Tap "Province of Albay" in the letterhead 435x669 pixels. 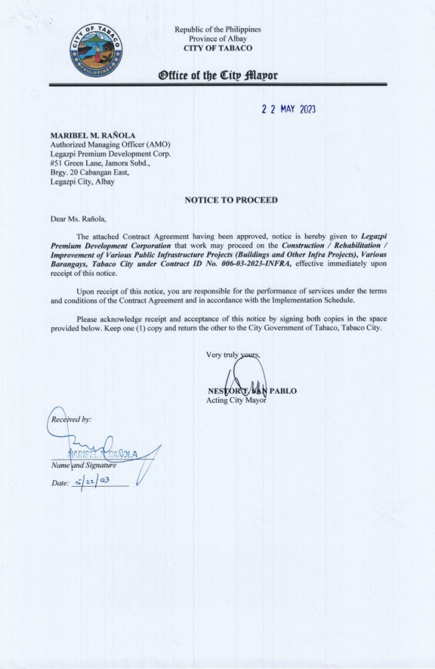pyautogui.click(x=217, y=39)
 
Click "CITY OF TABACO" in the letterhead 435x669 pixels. pyautogui.click(x=217, y=48)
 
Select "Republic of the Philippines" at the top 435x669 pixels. pyautogui.click(x=217, y=30)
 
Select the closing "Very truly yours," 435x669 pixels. pyautogui.click(x=233, y=355)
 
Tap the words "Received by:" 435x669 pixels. pyautogui.click(x=70, y=419)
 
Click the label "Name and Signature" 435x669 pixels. pyautogui.click(x=84, y=465)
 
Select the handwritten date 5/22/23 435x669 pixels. pyautogui.click(x=94, y=483)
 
